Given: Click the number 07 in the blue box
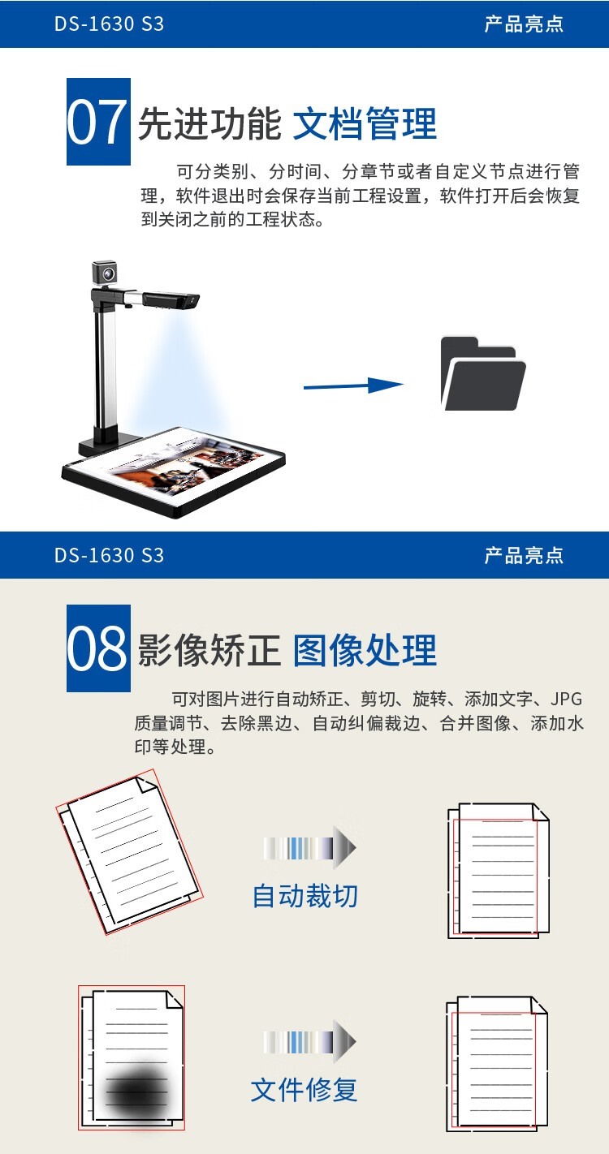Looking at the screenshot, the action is coord(97,123).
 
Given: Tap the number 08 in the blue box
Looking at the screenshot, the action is coord(97,649).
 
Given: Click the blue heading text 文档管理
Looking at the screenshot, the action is coord(365,123).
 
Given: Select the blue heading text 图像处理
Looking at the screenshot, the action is coord(365,650).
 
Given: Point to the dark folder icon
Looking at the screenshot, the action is coord(483,373).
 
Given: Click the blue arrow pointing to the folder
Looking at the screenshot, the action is coord(353,385).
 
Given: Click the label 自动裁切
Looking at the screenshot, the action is coord(304,896).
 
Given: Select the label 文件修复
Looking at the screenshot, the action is coord(304,1090).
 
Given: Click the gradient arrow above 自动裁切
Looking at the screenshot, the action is coord(309,847).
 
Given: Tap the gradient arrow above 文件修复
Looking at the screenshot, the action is coord(309,1041).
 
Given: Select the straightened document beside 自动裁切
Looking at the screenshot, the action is coord(498,871).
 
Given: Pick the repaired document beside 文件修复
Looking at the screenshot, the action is coord(497,1064).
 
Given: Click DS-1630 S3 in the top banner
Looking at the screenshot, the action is coord(109,24).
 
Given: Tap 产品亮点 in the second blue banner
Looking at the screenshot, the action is coord(524,555).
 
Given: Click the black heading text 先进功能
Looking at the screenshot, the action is coord(209,123).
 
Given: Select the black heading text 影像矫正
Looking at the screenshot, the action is coord(209,650).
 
